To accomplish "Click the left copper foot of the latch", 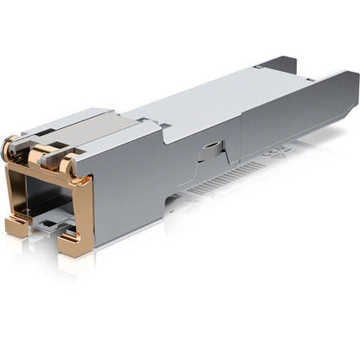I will (x=17, y=227).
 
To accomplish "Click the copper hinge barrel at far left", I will (x=10, y=149).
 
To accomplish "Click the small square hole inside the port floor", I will (x=53, y=228).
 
